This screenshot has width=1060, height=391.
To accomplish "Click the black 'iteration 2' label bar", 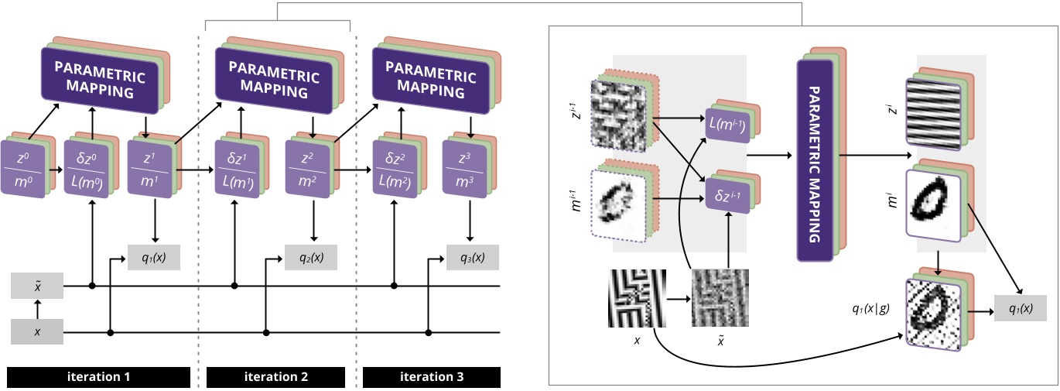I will (276, 377).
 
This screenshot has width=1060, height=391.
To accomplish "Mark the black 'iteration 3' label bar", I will (432, 377).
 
